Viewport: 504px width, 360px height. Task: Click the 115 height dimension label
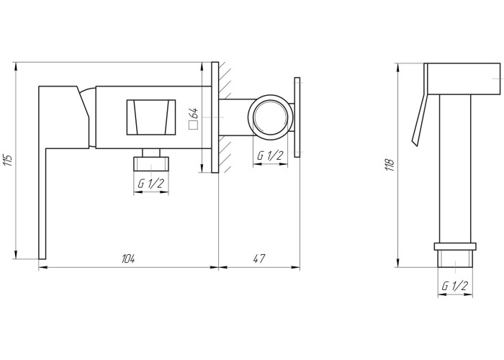(9, 160)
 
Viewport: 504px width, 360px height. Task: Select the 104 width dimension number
(128, 258)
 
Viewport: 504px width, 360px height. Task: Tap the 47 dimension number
(259, 258)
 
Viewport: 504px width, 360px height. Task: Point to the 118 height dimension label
(390, 165)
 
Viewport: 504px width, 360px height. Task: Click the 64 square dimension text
(194, 114)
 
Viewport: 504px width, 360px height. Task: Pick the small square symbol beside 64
(193, 125)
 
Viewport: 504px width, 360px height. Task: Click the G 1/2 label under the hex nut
(151, 184)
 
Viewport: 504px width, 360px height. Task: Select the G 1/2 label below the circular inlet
(270, 156)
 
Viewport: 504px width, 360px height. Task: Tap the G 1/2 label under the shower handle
(455, 285)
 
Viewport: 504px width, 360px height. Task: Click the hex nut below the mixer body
(151, 163)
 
